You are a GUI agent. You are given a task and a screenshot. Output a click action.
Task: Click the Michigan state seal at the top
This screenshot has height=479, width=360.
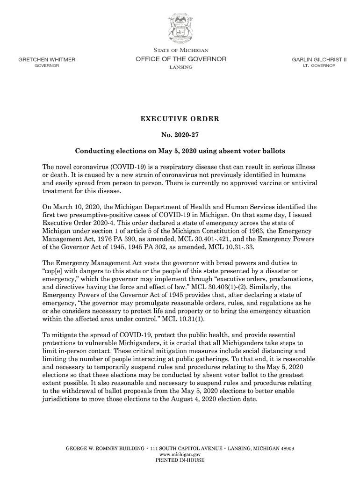180,26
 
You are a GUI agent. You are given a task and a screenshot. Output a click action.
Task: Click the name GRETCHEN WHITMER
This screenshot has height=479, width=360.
47,60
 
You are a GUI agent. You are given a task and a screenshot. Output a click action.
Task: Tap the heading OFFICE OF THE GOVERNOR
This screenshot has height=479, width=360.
180,59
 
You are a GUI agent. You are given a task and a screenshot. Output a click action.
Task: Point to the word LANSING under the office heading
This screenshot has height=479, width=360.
180,68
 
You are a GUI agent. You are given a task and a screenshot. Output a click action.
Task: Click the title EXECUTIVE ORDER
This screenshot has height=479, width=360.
180,119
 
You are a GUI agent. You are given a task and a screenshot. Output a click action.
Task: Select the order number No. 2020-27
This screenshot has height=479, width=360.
180,136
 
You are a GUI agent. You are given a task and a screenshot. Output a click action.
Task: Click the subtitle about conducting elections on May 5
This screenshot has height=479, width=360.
180,152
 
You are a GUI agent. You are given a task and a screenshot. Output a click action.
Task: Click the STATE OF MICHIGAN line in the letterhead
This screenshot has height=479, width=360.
180,50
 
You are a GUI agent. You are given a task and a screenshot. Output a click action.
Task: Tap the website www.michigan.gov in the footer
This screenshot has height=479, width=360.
180,454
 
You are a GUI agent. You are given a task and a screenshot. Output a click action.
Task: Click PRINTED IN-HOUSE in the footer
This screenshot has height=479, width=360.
180,460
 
